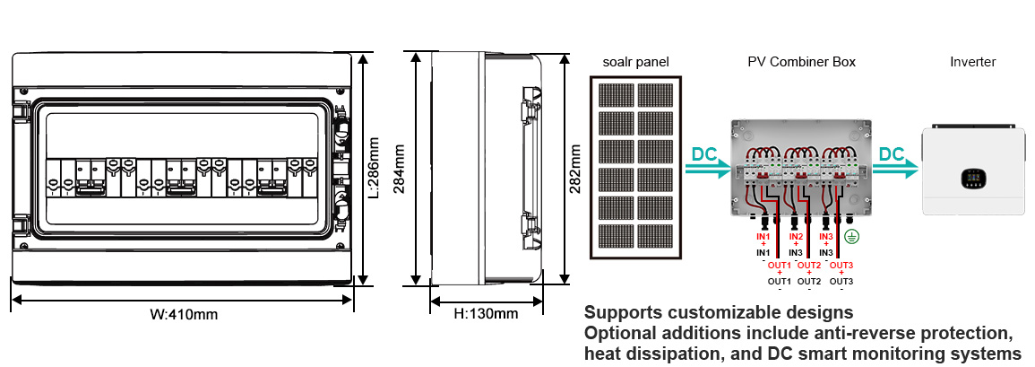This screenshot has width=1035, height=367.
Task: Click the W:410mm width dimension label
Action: (184, 315)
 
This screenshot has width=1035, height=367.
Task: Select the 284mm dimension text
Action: (400, 168)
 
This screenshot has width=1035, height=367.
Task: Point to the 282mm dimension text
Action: (575, 168)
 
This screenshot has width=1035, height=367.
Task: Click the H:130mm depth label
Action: (486, 314)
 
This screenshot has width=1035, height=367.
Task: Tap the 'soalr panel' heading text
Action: (634, 62)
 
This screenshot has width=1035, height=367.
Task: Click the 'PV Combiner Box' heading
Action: (801, 62)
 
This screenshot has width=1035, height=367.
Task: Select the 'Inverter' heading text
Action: (972, 62)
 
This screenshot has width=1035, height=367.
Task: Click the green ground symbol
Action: (853, 237)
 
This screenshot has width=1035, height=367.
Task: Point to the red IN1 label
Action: (763, 236)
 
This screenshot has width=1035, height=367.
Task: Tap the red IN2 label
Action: (796, 236)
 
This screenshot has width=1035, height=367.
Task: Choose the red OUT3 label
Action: (841, 265)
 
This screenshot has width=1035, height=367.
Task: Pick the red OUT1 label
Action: (780, 265)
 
